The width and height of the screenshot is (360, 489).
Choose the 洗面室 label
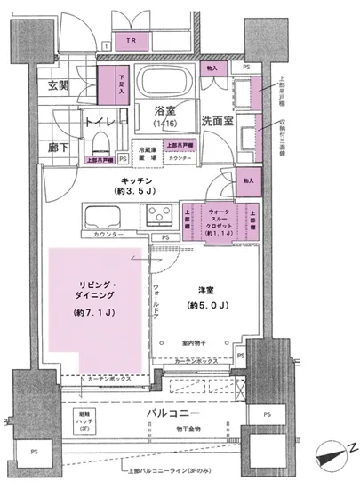(218, 121)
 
